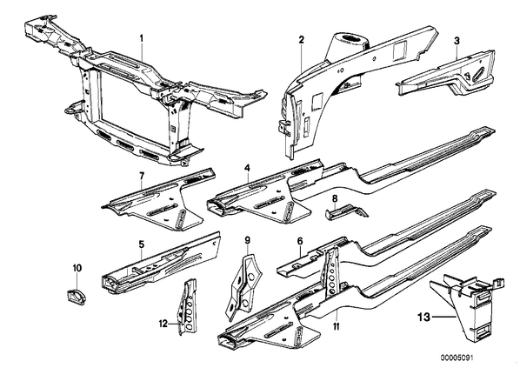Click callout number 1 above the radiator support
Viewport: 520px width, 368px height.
tap(142, 38)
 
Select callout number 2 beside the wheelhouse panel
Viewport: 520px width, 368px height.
tap(301, 40)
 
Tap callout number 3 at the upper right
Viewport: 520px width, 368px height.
tap(457, 41)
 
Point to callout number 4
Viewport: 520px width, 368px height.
tap(247, 168)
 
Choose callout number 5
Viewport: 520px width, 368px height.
tap(142, 244)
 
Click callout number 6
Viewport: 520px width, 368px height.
tap(300, 241)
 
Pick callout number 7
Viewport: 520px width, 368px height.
tap(142, 177)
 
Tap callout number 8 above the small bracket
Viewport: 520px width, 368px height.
tap(335, 198)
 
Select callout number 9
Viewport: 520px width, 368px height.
tap(247, 239)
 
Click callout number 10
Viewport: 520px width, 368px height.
tap(77, 268)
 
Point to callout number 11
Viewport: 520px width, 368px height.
tap(337, 327)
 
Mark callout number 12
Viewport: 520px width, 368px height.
tap(163, 324)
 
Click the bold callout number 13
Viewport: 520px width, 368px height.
tap(423, 318)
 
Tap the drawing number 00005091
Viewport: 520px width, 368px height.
tap(457, 358)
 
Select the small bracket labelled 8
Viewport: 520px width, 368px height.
tap(347, 212)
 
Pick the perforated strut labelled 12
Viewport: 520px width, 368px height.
tap(188, 306)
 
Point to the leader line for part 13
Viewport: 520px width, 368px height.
tap(443, 318)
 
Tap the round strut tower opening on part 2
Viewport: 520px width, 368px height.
tap(350, 38)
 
